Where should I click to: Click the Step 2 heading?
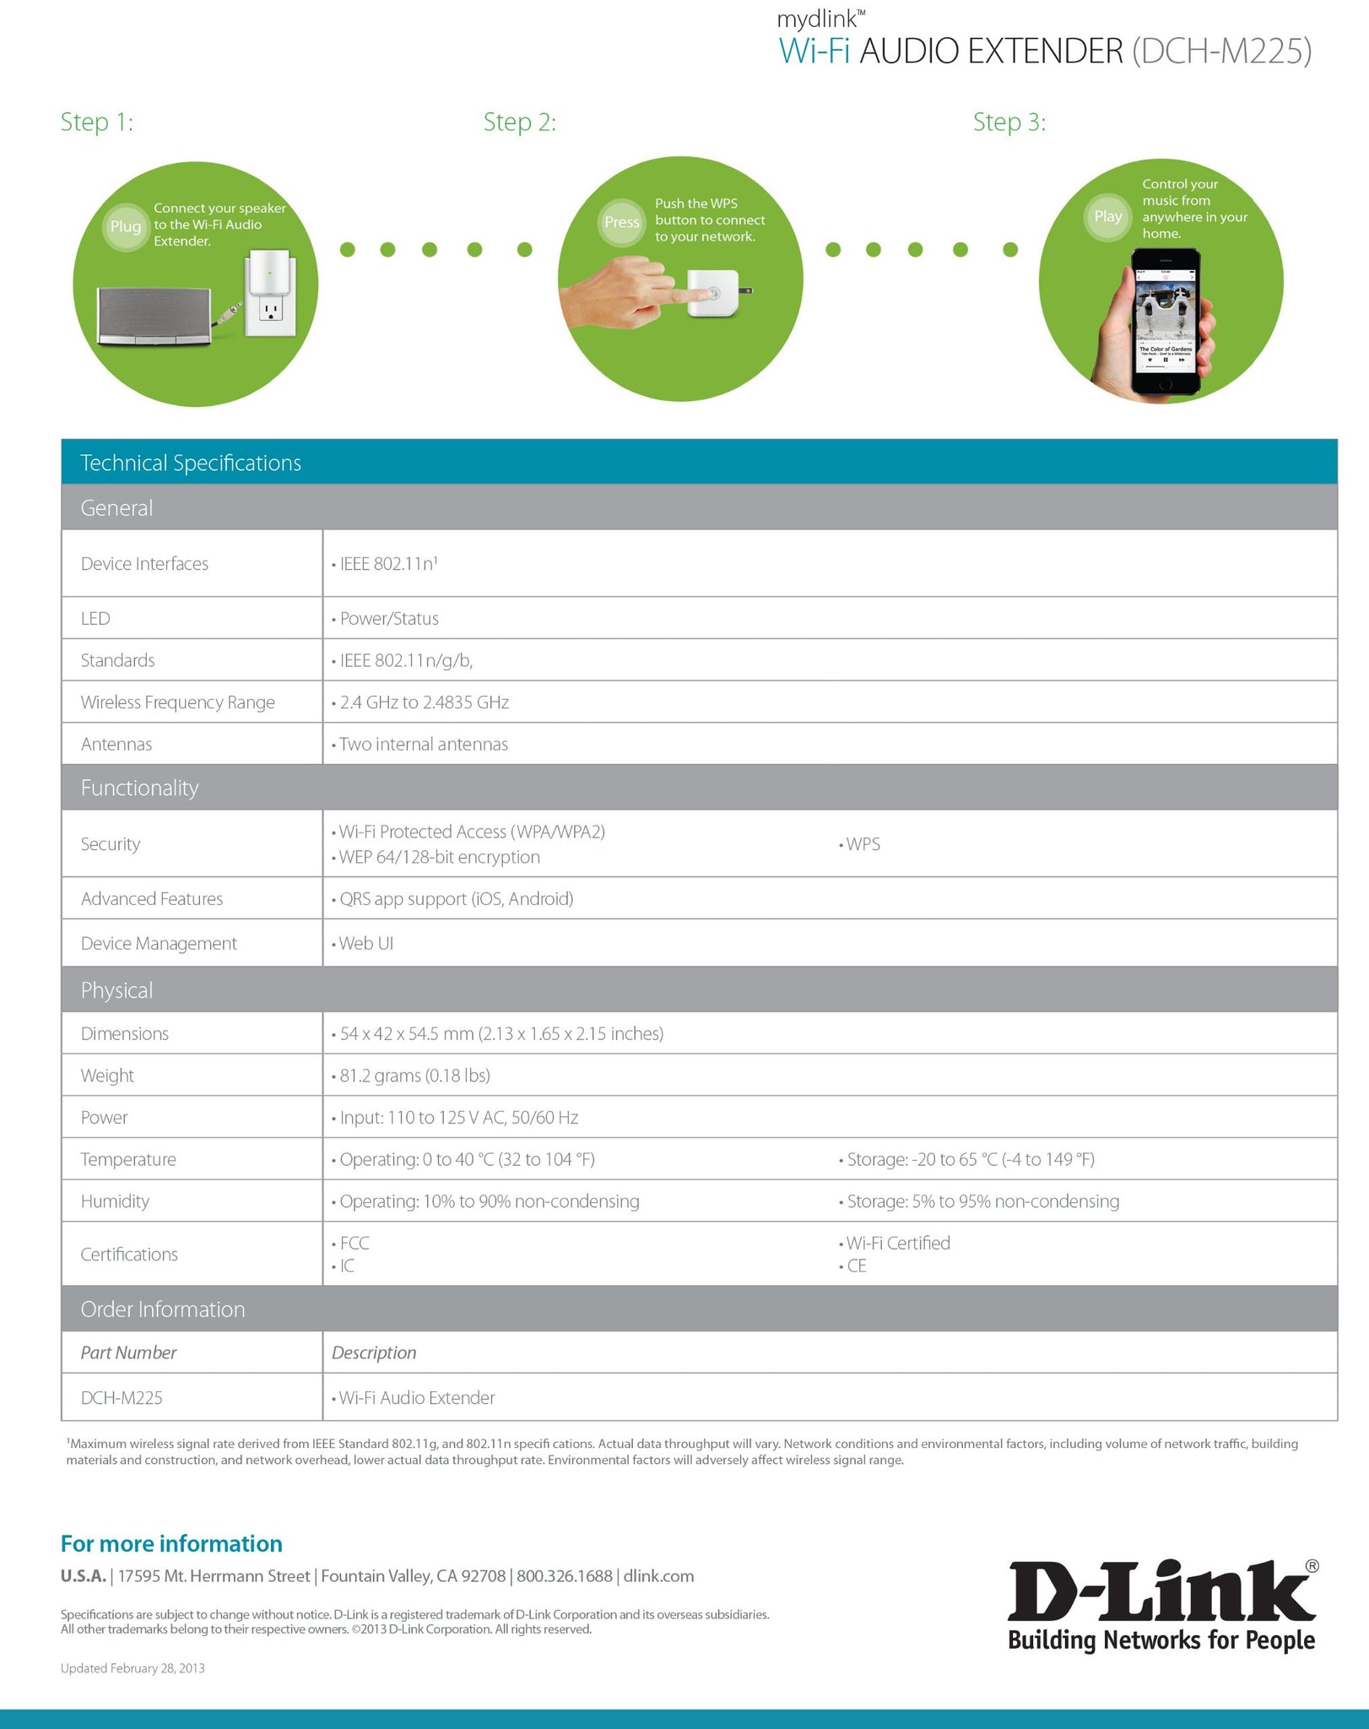pyautogui.click(x=519, y=122)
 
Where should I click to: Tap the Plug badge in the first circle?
pyautogui.click(x=126, y=226)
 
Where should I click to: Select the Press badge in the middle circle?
pyautogui.click(x=621, y=222)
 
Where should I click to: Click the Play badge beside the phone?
pyautogui.click(x=1107, y=216)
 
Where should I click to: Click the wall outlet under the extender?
pyautogui.click(x=271, y=312)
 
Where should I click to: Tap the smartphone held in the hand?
pyautogui.click(x=1166, y=321)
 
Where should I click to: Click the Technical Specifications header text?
pyautogui.click(x=191, y=463)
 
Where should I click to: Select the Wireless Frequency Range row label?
pyautogui.click(x=177, y=702)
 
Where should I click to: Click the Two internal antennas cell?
pyautogui.click(x=423, y=745)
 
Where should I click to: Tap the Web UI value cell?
pyautogui.click(x=365, y=944)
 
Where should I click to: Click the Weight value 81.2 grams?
pyautogui.click(x=414, y=1076)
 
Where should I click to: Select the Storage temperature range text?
pyautogui.click(x=970, y=1159)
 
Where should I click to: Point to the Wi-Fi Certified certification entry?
pyautogui.click(x=897, y=1243)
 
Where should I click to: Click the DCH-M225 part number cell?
pyautogui.click(x=122, y=1398)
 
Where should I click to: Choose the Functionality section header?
pyautogui.click(x=139, y=788)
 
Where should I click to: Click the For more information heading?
pyautogui.click(x=171, y=1543)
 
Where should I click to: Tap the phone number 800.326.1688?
pyautogui.click(x=565, y=1576)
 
